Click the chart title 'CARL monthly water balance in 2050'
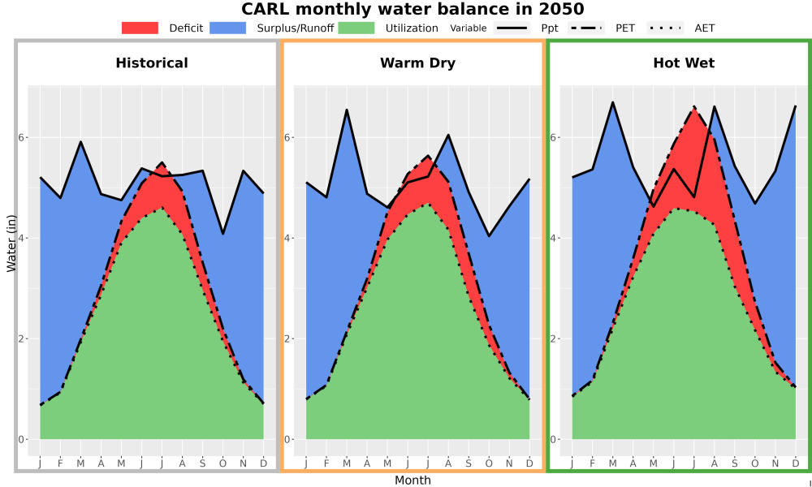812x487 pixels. tap(412, 9)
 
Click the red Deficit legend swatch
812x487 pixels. tap(140, 28)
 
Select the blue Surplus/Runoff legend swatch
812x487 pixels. tap(228, 28)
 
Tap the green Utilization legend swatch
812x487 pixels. tap(356, 28)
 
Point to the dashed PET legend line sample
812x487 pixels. tap(585, 28)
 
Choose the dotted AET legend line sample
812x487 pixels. tap(665, 28)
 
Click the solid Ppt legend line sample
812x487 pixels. tap(512, 28)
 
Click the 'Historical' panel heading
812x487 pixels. tap(152, 63)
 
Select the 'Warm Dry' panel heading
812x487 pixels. tap(418, 63)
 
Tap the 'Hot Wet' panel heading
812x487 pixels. tap(684, 63)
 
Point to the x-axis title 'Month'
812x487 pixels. tap(412, 481)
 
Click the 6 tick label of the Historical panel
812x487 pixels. tap(22, 138)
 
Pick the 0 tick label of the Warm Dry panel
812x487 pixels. tap(288, 440)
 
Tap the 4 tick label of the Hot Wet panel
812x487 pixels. tap(554, 239)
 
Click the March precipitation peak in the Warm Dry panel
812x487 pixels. tap(347, 110)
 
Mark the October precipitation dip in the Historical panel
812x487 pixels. tap(222, 234)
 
